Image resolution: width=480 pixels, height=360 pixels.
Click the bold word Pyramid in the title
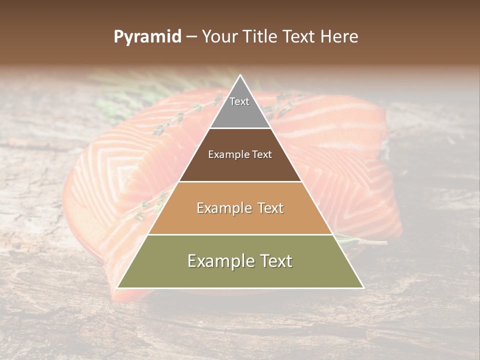pos(147,37)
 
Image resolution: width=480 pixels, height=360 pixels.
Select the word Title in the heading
pos(262,37)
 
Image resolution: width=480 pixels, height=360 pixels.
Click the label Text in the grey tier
pos(239,101)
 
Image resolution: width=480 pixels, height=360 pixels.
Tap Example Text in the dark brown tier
pos(240,154)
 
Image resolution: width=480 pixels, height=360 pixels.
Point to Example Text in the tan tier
pos(240,208)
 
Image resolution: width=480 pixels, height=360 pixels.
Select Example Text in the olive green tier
pos(240,261)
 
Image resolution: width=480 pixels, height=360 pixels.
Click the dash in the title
pos(191,37)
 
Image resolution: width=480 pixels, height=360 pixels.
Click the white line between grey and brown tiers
pos(240,128)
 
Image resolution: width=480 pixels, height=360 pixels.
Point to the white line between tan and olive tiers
pos(240,234)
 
